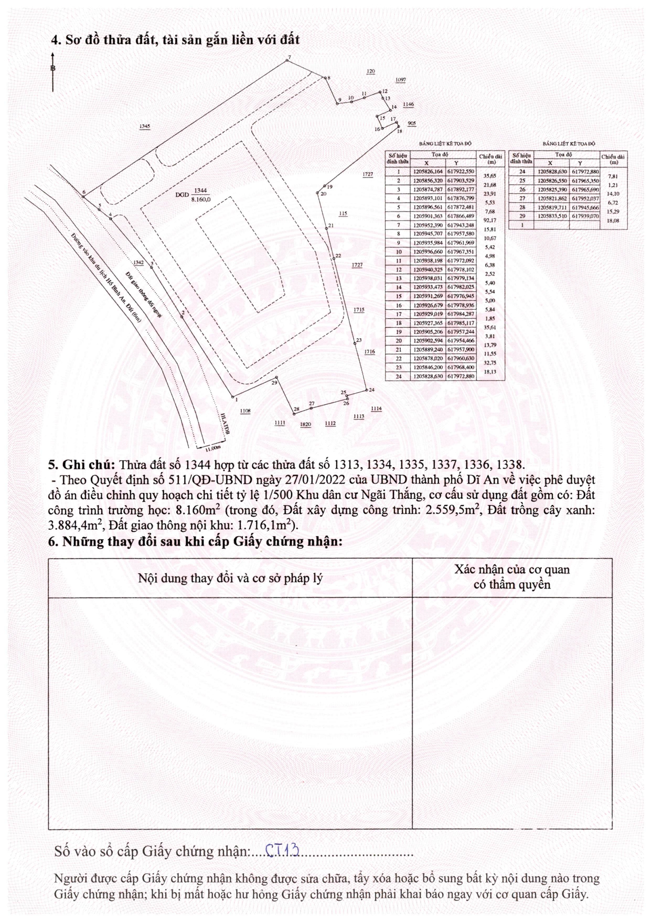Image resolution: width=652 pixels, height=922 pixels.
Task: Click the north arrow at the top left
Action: coord(52,71)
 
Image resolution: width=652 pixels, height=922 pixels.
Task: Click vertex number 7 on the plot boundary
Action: coord(287,61)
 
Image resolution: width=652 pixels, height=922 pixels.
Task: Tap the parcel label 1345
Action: coord(145,126)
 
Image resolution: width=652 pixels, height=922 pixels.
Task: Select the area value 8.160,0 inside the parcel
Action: coord(201,200)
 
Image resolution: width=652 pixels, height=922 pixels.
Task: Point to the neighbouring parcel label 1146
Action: coord(408,104)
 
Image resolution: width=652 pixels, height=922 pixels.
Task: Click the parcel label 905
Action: coord(412,123)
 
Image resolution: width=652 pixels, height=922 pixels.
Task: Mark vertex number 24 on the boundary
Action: coord(366,390)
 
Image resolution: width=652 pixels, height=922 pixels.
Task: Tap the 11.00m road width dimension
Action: coord(212,448)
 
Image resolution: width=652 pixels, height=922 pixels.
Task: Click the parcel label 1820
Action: coord(305,424)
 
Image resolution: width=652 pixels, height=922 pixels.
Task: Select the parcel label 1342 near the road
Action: coord(138,263)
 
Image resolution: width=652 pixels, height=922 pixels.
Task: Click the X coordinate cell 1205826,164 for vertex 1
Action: coord(428,172)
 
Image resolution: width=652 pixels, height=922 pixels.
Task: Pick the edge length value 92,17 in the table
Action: coord(489,221)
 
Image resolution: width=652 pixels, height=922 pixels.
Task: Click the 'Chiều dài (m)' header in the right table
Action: coord(613,159)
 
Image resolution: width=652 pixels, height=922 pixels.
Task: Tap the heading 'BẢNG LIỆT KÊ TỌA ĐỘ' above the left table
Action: coord(445,143)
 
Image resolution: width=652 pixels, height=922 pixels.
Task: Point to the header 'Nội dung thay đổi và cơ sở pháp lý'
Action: coord(230,578)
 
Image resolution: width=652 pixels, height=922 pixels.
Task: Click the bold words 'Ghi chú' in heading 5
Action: coord(88,465)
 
